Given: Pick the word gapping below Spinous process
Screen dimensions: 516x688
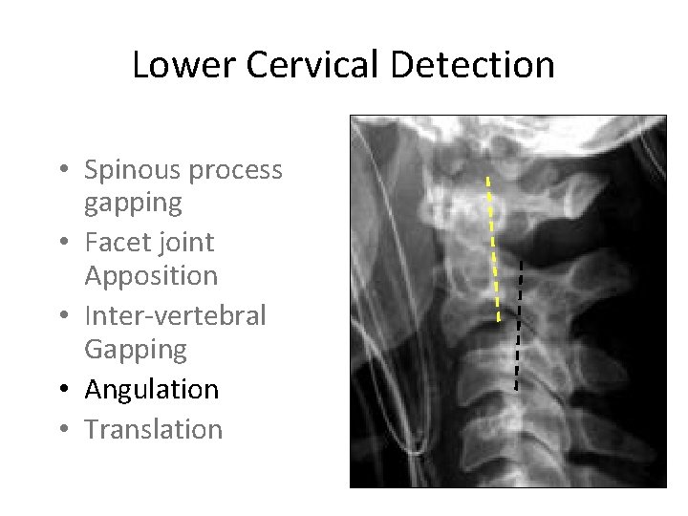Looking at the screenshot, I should [x=133, y=204].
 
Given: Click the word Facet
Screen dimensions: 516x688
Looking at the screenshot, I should [x=116, y=243].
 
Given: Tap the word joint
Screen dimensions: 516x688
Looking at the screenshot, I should [x=185, y=244].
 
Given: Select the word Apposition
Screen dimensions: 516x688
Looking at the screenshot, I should [x=151, y=276].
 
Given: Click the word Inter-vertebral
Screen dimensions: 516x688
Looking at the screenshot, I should [x=175, y=315].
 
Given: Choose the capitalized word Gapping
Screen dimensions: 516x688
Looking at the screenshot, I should [x=136, y=350].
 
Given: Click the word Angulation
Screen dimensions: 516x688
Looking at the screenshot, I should [x=151, y=390].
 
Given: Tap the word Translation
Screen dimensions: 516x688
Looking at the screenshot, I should [x=153, y=429].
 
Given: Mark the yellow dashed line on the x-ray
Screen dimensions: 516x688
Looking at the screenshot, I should [x=493, y=248].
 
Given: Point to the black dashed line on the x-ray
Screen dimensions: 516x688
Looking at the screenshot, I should [x=519, y=325].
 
